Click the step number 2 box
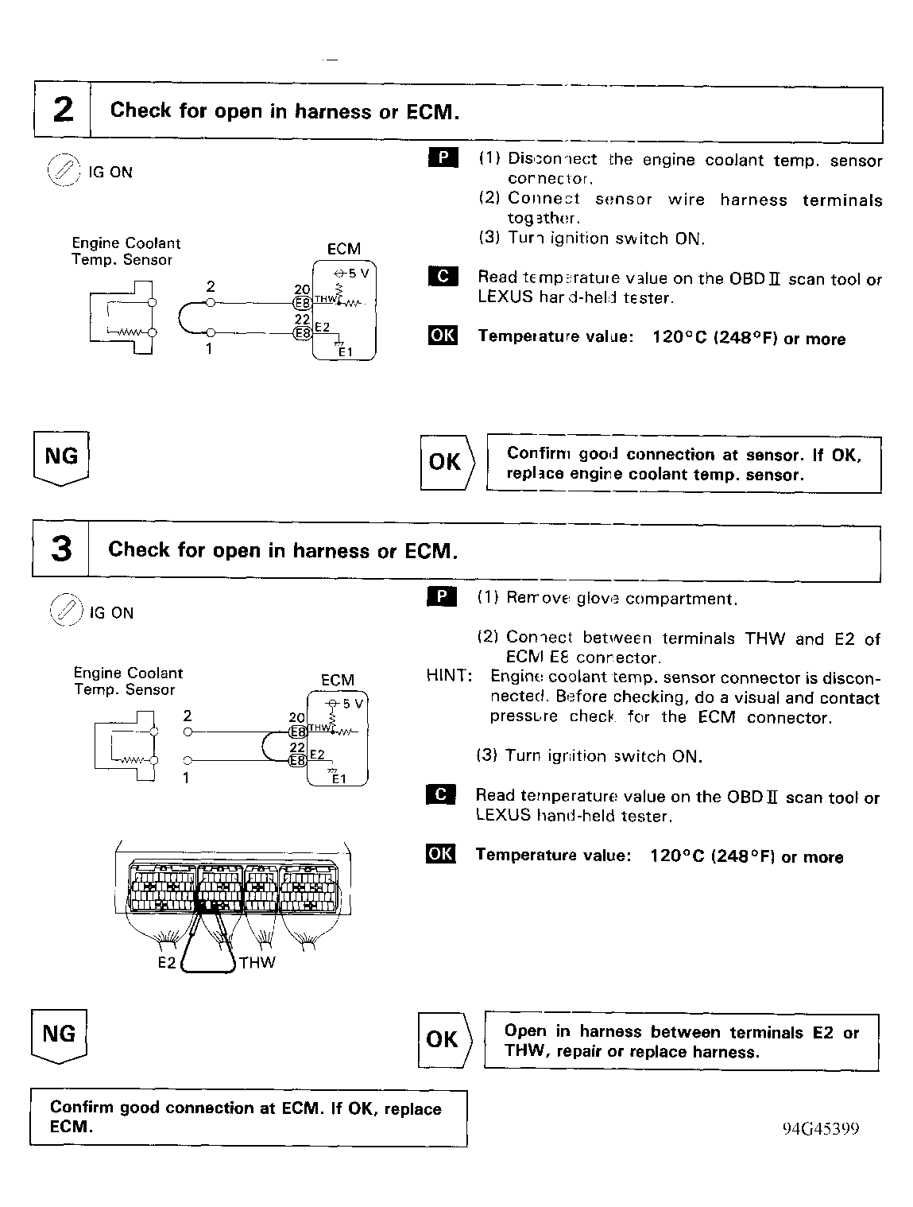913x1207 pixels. [62, 110]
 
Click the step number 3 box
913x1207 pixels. [60, 549]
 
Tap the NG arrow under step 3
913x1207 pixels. [59, 1035]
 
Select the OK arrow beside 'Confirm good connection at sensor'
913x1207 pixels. [446, 462]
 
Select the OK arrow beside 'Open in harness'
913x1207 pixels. [443, 1040]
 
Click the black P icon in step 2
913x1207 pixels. [443, 157]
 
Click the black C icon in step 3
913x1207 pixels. [441, 794]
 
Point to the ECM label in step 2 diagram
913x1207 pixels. [343, 249]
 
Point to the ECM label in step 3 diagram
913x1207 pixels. [338, 681]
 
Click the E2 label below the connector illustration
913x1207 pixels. [166, 964]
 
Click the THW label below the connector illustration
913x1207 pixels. [257, 964]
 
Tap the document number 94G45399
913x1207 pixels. [820, 1129]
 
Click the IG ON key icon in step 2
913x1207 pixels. [64, 170]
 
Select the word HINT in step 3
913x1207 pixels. [449, 677]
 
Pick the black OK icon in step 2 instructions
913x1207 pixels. [443, 336]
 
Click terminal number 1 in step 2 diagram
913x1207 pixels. [209, 347]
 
